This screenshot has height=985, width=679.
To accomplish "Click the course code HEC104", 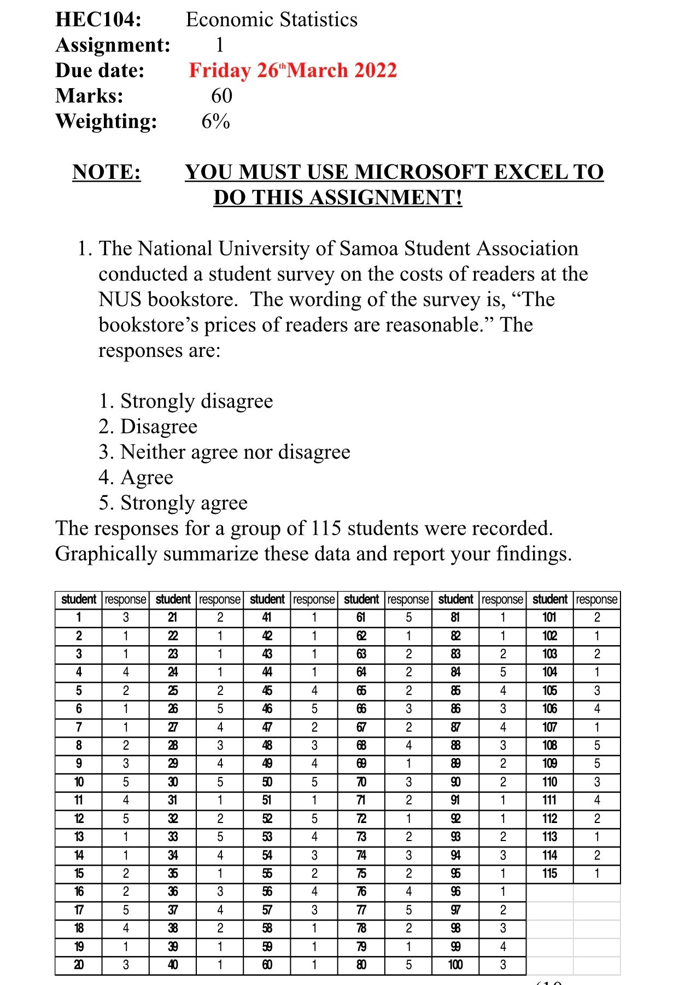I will coord(98,20).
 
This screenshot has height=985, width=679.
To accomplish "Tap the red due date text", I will coord(292,71).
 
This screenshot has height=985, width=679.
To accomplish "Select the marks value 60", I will coord(221,96).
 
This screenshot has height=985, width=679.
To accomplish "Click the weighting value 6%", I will coord(215,121).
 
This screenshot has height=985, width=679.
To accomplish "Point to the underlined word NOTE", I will coord(107,172).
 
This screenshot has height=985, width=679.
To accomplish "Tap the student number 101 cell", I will coord(549,618).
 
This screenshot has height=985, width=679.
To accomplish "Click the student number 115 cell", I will coord(549,873).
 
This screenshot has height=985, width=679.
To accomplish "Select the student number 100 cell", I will coord(455,965).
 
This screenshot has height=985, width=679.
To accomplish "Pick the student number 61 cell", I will coord(361,618).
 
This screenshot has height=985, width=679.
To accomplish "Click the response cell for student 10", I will coord(126,782).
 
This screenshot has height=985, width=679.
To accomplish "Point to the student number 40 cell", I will coord(173,965).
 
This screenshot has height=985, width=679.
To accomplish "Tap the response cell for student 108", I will coord(596,745).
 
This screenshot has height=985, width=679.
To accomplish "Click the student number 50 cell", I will coord(267,782).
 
